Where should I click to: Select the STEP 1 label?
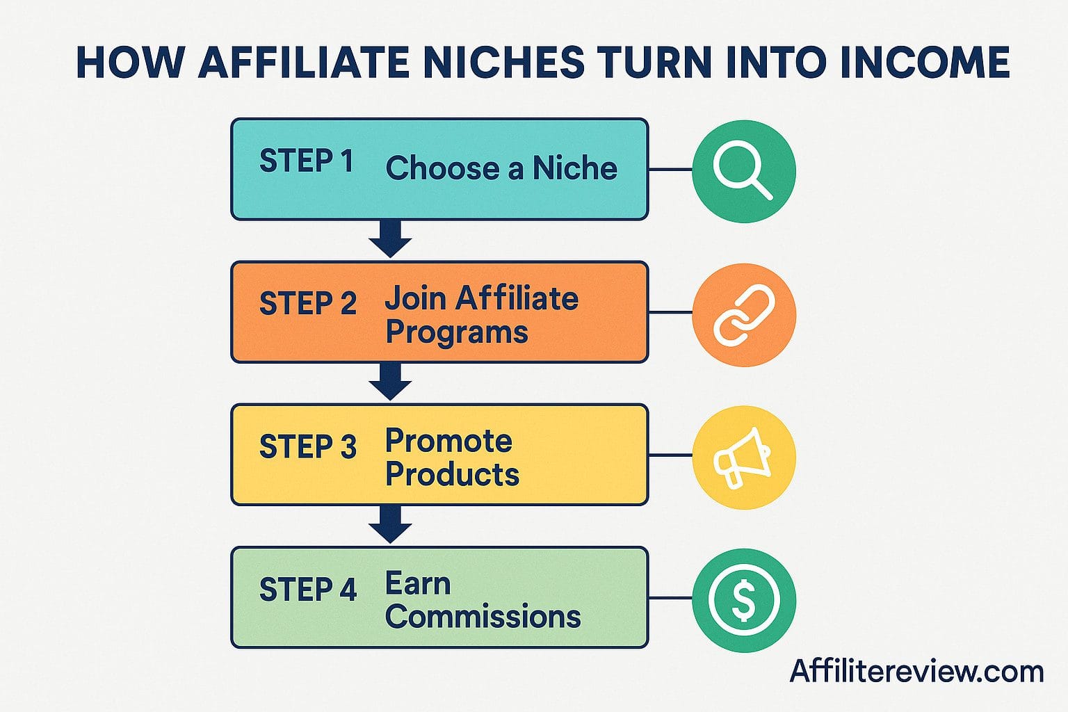click(x=306, y=161)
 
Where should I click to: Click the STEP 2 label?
click(x=307, y=304)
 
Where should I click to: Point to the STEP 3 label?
click(x=307, y=446)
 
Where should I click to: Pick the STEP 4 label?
click(x=307, y=590)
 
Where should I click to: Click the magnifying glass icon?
click(x=743, y=170)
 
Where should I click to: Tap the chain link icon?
click(x=744, y=315)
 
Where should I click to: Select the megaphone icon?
click(x=743, y=458)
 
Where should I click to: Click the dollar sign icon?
click(x=743, y=600)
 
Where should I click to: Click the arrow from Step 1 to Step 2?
click(x=390, y=238)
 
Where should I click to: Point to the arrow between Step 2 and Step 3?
click(x=390, y=382)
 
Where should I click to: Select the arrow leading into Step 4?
click(x=390, y=524)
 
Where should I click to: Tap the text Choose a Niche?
click(x=501, y=168)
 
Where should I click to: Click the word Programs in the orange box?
click(x=457, y=332)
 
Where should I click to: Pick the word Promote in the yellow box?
click(x=448, y=441)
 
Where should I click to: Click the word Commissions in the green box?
click(x=483, y=617)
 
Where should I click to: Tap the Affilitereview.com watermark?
click(x=916, y=672)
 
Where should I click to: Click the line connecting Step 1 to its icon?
click(x=670, y=169)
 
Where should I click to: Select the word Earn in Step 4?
click(x=418, y=584)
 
